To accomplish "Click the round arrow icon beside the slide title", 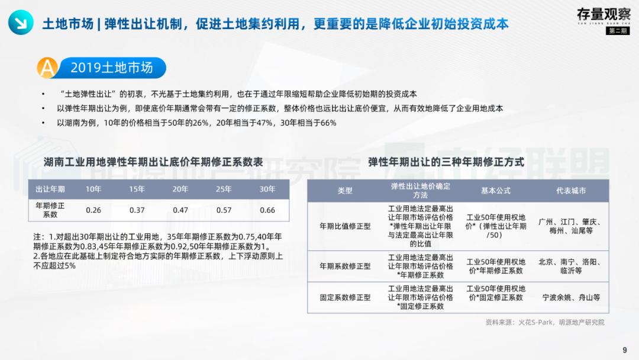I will [x=21, y=23].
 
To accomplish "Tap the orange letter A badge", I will [x=47, y=67].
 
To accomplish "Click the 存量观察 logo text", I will [x=603, y=14].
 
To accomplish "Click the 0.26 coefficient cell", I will [x=93, y=210].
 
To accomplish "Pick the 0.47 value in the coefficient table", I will [x=180, y=210].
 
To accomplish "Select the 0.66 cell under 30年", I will [x=267, y=210].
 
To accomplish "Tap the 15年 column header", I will [x=137, y=189].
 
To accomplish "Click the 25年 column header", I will [x=224, y=189].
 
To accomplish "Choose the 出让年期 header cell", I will [x=50, y=189].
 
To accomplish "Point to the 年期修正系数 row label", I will [x=50, y=210].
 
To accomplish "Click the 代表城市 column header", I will [x=571, y=191].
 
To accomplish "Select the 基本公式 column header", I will [x=496, y=191].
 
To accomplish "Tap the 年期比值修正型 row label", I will [x=345, y=226].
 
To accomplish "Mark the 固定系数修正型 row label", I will [x=345, y=297].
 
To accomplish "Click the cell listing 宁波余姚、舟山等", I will [x=571, y=297].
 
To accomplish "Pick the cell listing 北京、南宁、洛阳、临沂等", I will [x=571, y=266].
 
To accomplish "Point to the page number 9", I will [x=625, y=350].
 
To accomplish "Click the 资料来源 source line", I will [x=545, y=323].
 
